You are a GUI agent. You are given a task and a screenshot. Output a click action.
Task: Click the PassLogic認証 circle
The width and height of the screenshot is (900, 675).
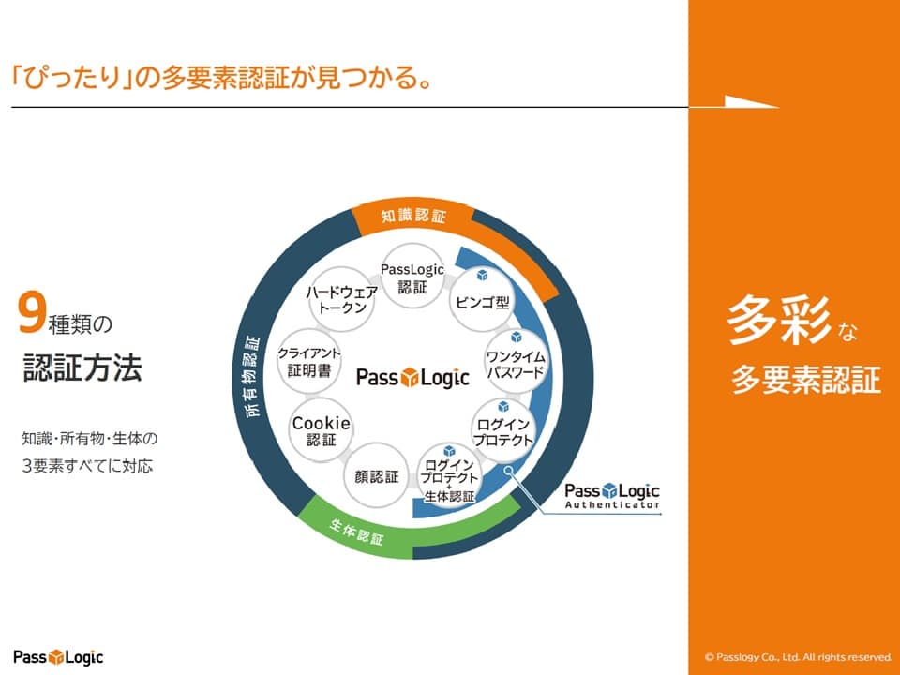point(412,277)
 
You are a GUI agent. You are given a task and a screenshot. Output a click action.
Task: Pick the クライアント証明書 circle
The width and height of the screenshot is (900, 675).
point(309,360)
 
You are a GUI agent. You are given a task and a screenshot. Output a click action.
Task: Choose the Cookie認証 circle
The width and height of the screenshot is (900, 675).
point(321,429)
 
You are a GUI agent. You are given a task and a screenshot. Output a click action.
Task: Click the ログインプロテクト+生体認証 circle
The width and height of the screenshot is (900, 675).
point(451,477)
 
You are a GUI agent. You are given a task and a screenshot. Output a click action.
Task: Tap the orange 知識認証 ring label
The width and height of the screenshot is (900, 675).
point(412,216)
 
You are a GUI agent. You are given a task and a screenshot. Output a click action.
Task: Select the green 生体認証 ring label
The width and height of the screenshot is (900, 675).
point(357,532)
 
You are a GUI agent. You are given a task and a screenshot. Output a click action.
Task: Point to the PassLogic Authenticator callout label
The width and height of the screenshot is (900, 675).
point(612,496)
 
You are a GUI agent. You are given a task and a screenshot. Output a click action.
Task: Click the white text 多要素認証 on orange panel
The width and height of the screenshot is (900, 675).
point(805,380)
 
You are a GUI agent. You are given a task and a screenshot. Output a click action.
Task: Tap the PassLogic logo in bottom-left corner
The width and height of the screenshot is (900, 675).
point(58,656)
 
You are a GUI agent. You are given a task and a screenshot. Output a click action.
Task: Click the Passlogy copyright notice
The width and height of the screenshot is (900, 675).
point(797,657)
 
